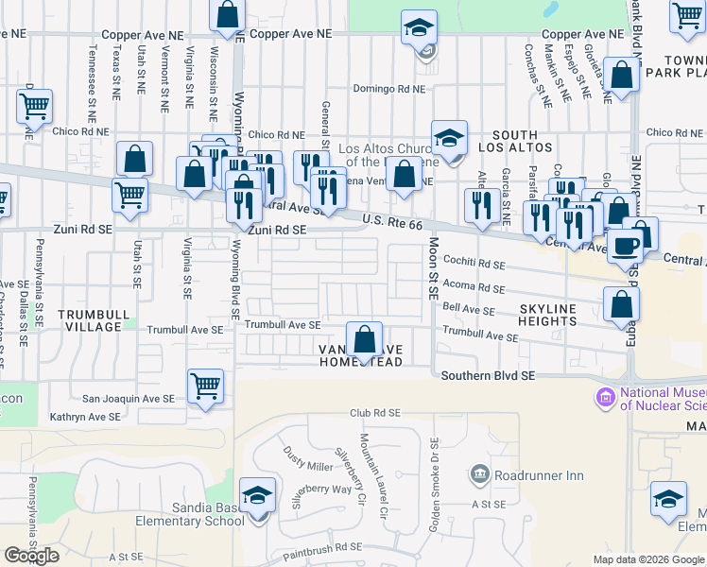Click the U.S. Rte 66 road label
tap(391, 222)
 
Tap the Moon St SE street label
tap(434, 266)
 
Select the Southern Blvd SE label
tap(488, 375)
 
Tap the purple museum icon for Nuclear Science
tap(605, 396)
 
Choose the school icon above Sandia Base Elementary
tap(257, 495)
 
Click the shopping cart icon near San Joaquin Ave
tap(205, 386)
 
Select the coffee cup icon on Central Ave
tap(625, 246)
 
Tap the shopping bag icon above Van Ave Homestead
tap(364, 338)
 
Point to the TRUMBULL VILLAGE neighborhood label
tap(91, 320)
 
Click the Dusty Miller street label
tap(308, 459)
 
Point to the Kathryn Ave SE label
tap(85, 416)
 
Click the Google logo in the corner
tap(31, 556)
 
